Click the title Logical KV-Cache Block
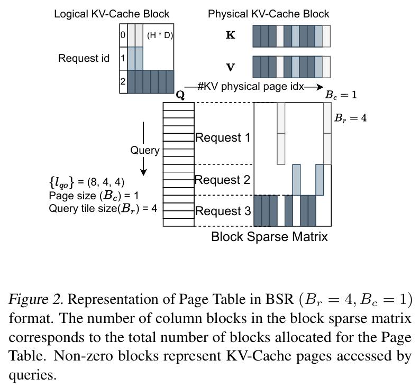coord(112,14)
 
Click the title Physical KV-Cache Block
coord(268,14)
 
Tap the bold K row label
coord(231,35)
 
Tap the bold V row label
coord(231,67)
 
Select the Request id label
coord(84,58)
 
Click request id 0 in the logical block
coord(123,35)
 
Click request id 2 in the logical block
coord(123,81)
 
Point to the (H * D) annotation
coord(160,35)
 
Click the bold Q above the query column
coord(180,95)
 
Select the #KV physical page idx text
coord(251,87)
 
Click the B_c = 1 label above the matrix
coord(341,95)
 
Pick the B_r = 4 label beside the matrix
coord(350,118)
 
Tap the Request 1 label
coord(223,137)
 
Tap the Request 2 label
coord(222,180)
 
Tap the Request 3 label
coord(223,211)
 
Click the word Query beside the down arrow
coord(144,150)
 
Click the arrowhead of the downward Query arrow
coord(143,173)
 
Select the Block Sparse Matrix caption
coord(269,236)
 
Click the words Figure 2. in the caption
coord(36,299)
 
